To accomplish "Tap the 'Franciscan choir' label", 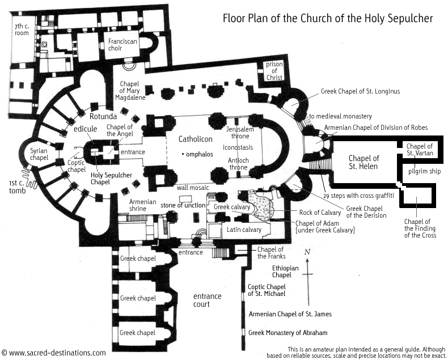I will (x=124, y=45).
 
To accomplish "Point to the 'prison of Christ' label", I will (x=274, y=72).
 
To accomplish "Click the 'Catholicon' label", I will (x=195, y=139).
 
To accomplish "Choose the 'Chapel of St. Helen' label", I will (x=364, y=162).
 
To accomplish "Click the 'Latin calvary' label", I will (x=241, y=229).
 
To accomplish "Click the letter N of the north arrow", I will (x=307, y=251).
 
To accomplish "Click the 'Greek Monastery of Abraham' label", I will (x=288, y=333).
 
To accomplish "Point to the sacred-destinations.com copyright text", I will (x=53, y=352).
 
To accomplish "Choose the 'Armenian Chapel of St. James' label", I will (x=290, y=314).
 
